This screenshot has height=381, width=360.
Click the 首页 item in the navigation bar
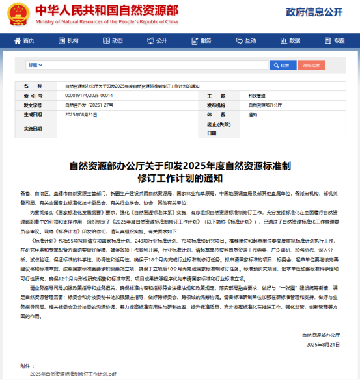[25, 40]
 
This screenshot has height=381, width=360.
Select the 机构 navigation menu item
[69, 40]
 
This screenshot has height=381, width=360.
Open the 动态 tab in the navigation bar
[113, 40]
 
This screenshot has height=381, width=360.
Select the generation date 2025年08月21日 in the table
[81, 114]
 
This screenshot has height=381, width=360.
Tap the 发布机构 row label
[216, 104]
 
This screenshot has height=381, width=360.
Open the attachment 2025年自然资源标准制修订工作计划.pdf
[73, 374]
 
